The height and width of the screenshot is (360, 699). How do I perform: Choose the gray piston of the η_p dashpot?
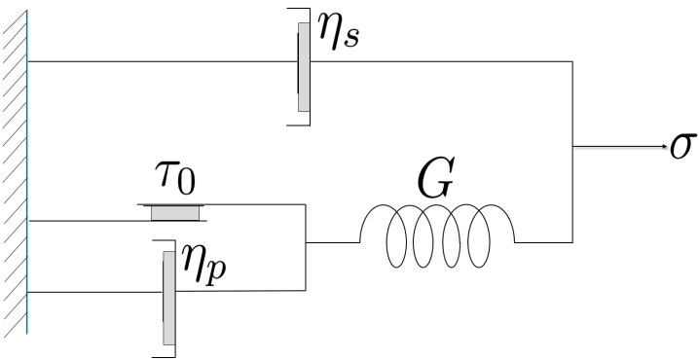click(x=169, y=297)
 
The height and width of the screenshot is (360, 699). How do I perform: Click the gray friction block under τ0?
click(x=175, y=212)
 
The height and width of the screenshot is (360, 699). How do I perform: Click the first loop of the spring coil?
click(x=399, y=239)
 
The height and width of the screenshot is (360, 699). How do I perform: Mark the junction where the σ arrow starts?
click(x=571, y=148)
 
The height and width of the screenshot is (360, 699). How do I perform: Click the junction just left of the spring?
click(x=307, y=241)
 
